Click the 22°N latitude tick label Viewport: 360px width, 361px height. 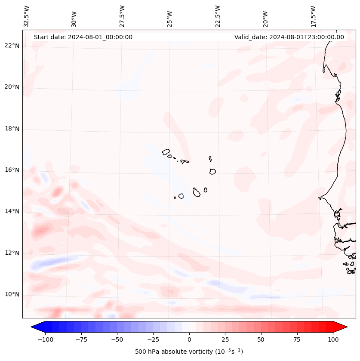pos(12,46)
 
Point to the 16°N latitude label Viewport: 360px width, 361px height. pos(12,170)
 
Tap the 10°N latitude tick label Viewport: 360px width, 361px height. pos(12,294)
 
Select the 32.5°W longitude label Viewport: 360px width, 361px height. pos(27,16)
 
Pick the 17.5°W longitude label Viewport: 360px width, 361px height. pos(313,16)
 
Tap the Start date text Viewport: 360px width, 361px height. pos(83,37)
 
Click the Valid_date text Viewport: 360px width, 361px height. pos(289,37)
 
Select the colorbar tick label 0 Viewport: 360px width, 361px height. pos(189,339)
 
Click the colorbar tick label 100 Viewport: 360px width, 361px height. pos(333,339)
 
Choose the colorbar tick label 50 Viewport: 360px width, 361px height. pos(261,339)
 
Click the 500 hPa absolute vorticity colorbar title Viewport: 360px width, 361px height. pos(189,352)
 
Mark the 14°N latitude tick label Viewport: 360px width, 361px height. pos(12,211)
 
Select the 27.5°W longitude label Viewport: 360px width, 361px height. pos(122,16)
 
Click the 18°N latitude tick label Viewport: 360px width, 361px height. pos(12,129)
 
